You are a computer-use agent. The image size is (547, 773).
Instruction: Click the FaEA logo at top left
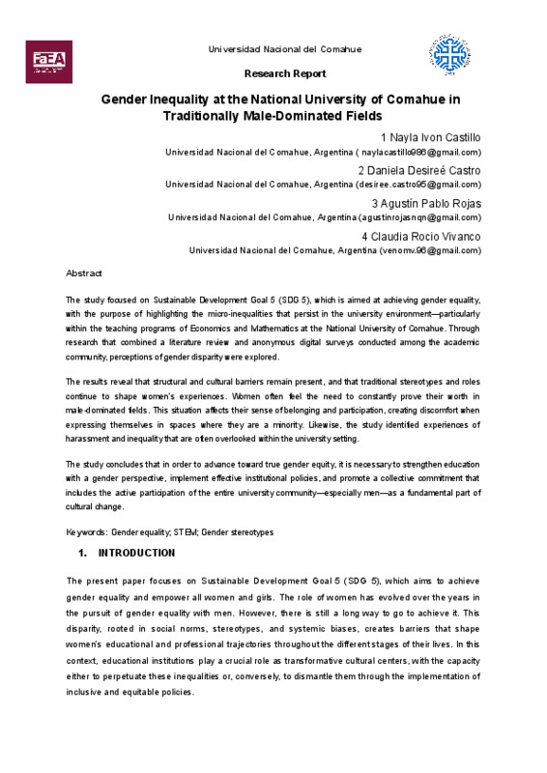tap(45, 61)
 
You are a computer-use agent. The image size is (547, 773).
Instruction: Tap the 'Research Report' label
tap(285, 73)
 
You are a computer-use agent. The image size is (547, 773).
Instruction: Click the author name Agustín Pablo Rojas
tap(426, 204)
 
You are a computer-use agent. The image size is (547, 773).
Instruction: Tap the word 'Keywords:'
tap(86, 532)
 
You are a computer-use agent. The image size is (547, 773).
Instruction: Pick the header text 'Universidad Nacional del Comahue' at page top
tap(285, 49)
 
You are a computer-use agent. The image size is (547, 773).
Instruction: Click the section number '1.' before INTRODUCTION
tap(82, 554)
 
